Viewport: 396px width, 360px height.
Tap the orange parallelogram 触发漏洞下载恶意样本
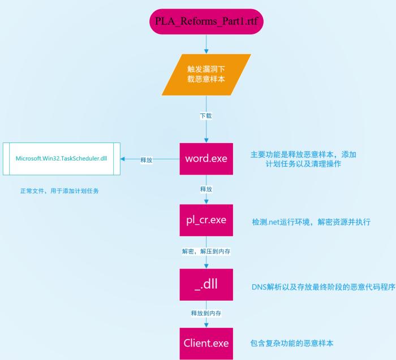pos(206,74)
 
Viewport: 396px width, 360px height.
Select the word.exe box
pos(206,159)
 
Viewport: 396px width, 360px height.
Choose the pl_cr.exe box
pos(206,220)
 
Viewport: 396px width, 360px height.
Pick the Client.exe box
pos(206,343)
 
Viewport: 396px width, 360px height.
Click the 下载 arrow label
pos(206,116)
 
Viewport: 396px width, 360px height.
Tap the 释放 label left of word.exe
pos(146,160)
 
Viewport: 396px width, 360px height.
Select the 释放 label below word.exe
pos(206,189)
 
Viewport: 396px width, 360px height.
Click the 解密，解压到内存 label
pos(206,250)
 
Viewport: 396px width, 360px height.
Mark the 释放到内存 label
pos(206,312)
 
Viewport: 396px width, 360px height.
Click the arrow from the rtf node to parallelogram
pos(206,44)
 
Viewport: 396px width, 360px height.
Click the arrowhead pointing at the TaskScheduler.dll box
pos(125,159)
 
